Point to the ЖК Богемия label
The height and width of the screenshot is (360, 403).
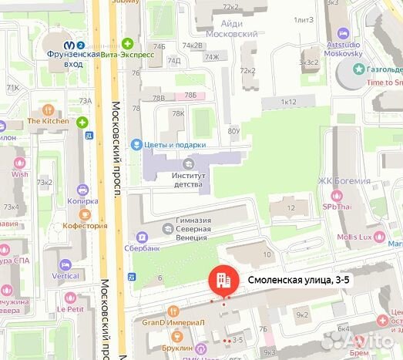(x=344, y=181)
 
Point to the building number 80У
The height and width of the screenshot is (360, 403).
(x=233, y=132)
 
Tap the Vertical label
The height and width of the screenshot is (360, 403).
(x=65, y=275)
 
